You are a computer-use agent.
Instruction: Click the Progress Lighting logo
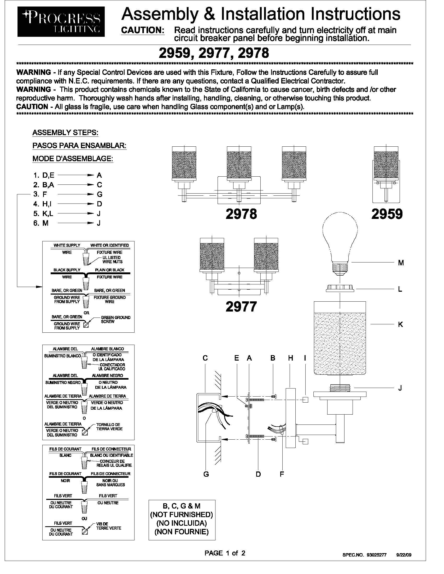(61, 22)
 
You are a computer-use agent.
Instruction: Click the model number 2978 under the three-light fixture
(241, 214)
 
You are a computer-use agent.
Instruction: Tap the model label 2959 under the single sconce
(387, 214)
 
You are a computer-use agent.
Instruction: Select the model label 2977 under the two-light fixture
(241, 307)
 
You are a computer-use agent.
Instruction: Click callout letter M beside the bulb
(401, 262)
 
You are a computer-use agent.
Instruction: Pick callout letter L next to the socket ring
(400, 289)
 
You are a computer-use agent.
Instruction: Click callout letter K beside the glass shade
(400, 325)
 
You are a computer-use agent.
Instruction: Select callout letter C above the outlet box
(205, 358)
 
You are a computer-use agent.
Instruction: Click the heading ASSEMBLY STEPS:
(65, 133)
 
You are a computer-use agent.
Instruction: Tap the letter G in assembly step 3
(100, 194)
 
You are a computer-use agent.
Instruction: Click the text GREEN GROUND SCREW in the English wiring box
(115, 319)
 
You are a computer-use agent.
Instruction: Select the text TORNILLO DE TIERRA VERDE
(109, 427)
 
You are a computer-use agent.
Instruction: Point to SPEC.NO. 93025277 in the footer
(364, 555)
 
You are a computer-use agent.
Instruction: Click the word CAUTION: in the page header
(143, 30)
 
